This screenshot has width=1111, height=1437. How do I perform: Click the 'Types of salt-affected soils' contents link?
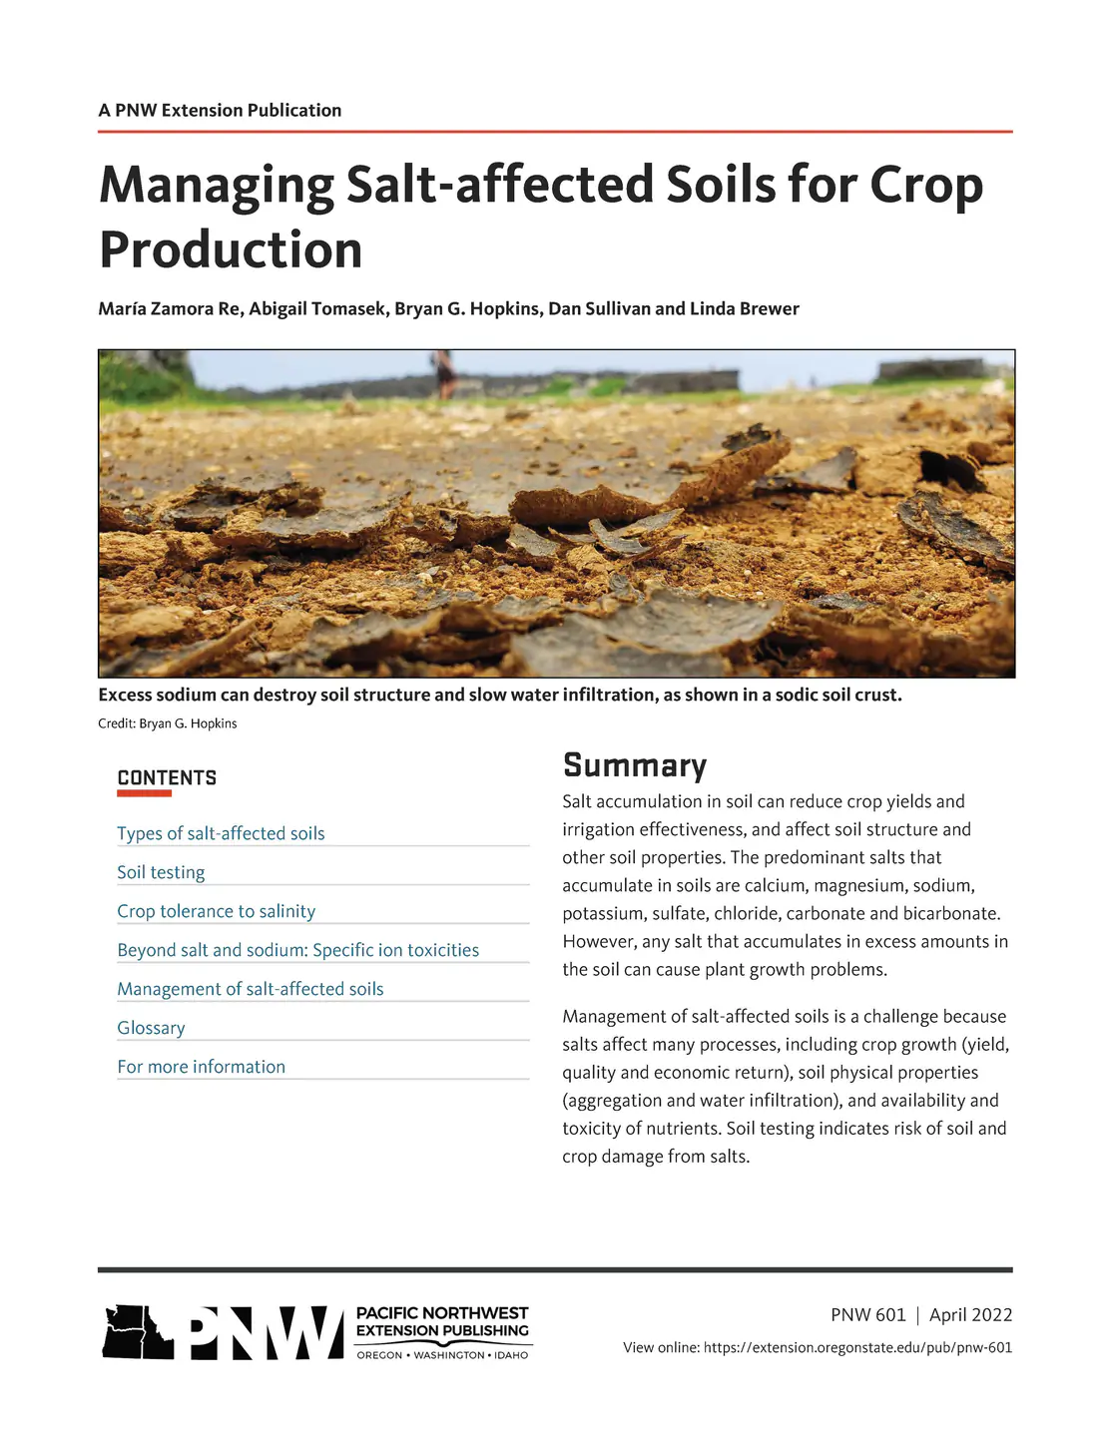pyautogui.click(x=221, y=833)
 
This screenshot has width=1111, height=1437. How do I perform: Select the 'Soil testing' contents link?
pyautogui.click(x=161, y=872)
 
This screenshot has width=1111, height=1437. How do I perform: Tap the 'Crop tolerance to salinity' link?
pyautogui.click(x=216, y=911)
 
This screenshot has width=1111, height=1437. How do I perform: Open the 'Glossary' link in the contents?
pyautogui.click(x=151, y=1028)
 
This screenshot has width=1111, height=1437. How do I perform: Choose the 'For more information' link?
pyautogui.click(x=201, y=1067)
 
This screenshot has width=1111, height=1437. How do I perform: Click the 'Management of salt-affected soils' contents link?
pyautogui.click(x=250, y=989)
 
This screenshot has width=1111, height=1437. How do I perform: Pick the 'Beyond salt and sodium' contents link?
pyautogui.click(x=297, y=950)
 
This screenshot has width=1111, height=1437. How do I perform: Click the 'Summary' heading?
pyautogui.click(x=634, y=765)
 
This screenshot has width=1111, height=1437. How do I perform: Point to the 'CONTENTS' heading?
pyautogui.click(x=167, y=778)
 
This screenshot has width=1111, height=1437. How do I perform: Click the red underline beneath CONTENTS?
pyautogui.click(x=144, y=793)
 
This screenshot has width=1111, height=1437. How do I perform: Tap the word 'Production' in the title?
pyautogui.click(x=231, y=249)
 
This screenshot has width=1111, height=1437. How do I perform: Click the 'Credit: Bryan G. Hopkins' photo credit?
pyautogui.click(x=167, y=723)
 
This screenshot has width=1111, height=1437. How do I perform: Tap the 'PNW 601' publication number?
pyautogui.click(x=867, y=1315)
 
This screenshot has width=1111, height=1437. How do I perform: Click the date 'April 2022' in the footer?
pyautogui.click(x=970, y=1315)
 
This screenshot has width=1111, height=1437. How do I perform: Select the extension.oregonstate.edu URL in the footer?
pyautogui.click(x=857, y=1348)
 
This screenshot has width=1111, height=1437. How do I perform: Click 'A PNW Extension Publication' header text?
pyautogui.click(x=220, y=111)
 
